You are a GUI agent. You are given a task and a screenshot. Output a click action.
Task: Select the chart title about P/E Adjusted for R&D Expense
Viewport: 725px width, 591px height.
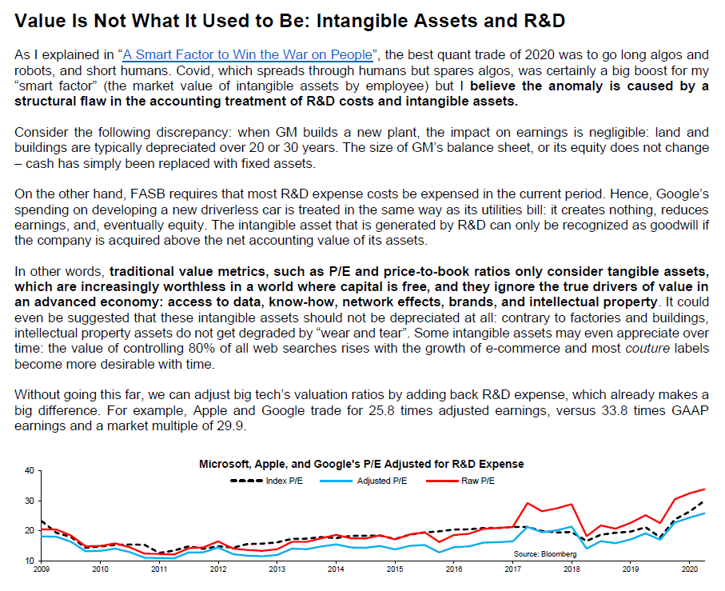[x=361, y=464]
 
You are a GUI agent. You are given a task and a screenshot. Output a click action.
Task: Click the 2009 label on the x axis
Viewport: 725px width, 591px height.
[x=41, y=569]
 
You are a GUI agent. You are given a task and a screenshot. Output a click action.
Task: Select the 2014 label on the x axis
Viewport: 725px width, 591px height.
[x=336, y=569]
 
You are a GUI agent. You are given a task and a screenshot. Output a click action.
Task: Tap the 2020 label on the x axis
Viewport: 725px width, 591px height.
[x=689, y=569]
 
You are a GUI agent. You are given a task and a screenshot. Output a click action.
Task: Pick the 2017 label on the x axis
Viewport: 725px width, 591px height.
[x=512, y=569]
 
